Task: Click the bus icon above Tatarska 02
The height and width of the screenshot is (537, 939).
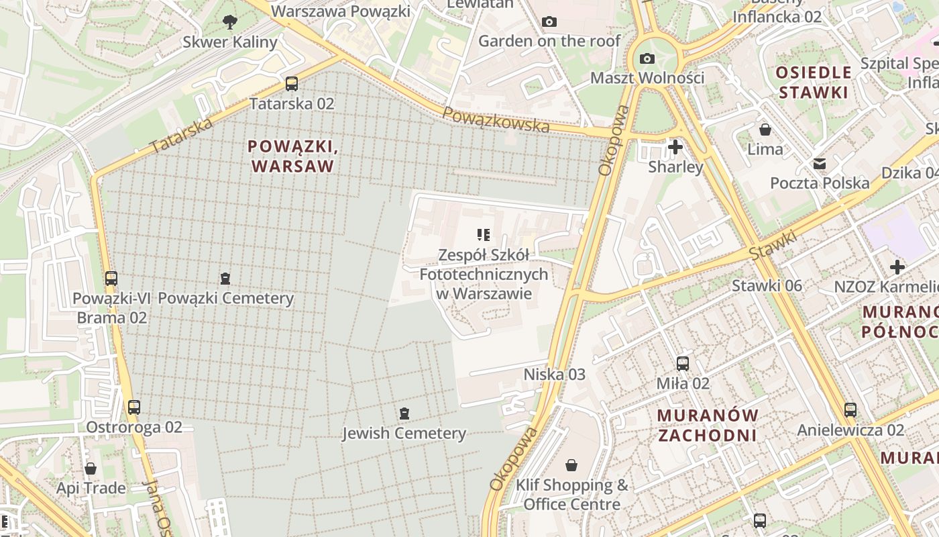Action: click(x=291, y=84)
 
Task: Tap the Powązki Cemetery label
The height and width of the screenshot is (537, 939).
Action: click(x=226, y=299)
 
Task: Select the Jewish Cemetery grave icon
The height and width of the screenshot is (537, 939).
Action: click(x=404, y=413)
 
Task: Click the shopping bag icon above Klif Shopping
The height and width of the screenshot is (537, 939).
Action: click(x=571, y=465)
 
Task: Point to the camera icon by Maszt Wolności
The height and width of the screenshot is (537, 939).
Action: click(x=647, y=58)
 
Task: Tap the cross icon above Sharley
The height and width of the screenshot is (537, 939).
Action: click(x=675, y=146)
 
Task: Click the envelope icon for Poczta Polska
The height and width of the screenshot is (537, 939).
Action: click(x=820, y=163)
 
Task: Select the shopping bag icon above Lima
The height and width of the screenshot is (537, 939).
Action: click(x=765, y=129)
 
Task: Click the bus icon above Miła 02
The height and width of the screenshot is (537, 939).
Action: click(x=683, y=364)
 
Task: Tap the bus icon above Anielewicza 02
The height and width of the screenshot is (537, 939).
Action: click(x=850, y=409)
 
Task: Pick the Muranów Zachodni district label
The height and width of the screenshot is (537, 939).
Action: click(x=708, y=425)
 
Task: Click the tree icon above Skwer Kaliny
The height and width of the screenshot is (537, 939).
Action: click(x=230, y=22)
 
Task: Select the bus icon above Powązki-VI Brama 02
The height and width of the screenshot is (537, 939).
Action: click(x=111, y=278)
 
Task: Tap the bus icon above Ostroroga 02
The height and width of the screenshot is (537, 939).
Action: click(x=134, y=407)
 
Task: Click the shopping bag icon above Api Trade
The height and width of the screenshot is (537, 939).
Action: click(x=91, y=468)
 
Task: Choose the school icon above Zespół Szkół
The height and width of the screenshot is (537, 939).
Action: click(x=484, y=234)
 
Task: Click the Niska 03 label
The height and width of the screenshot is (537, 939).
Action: click(x=554, y=375)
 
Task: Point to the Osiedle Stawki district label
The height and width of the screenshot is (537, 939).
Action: click(x=814, y=82)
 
